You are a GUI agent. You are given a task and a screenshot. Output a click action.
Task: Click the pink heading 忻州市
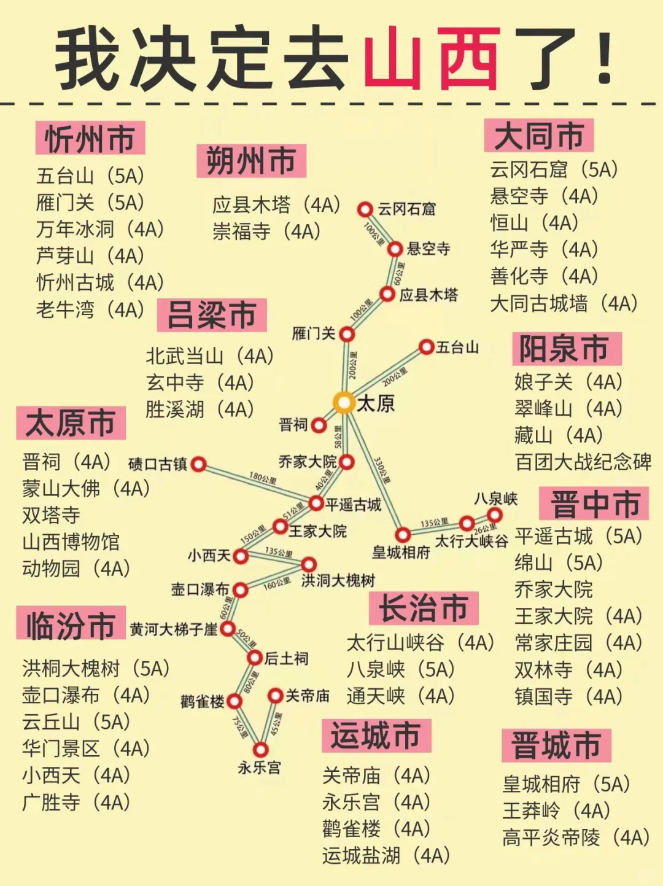point(90,138)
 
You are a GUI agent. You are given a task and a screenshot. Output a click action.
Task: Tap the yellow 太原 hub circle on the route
point(344,403)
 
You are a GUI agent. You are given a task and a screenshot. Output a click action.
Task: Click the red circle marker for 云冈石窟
point(365,209)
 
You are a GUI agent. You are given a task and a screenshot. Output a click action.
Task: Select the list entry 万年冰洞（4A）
point(100,229)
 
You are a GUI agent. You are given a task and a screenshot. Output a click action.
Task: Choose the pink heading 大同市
point(539,136)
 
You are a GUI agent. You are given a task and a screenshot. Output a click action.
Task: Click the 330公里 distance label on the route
point(382,470)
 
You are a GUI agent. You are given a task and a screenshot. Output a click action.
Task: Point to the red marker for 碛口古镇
point(198,464)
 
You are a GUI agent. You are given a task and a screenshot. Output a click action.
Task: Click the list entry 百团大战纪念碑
point(583,462)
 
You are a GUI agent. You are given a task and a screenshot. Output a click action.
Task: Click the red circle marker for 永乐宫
point(261,750)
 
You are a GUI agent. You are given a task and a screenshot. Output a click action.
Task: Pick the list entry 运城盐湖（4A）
point(386,855)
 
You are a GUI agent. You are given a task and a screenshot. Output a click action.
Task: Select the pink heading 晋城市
point(556,745)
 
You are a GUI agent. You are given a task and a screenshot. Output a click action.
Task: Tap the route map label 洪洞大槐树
point(338,580)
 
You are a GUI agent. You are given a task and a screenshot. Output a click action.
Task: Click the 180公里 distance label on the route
point(263,478)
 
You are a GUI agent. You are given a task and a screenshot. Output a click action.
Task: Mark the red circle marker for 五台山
point(427,347)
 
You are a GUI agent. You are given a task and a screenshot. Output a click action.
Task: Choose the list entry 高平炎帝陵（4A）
point(576,837)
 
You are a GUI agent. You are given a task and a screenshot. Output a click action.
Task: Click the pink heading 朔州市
point(251,161)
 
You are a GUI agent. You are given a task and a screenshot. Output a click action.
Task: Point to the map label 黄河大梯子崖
point(174,629)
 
